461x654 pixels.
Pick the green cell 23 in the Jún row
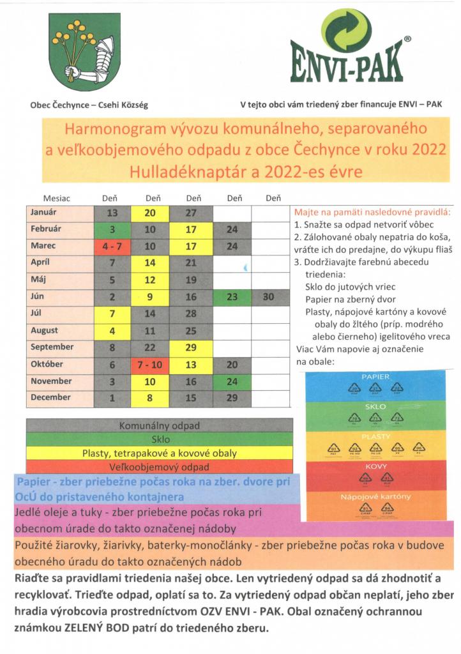click(x=232, y=296)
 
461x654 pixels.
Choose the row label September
click(x=52, y=347)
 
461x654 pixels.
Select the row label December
click(x=51, y=397)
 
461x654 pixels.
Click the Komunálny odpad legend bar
click(x=160, y=425)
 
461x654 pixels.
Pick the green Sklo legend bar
click(x=160, y=439)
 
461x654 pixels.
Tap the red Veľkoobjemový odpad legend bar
click(x=160, y=467)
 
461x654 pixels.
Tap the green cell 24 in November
click(x=232, y=381)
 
